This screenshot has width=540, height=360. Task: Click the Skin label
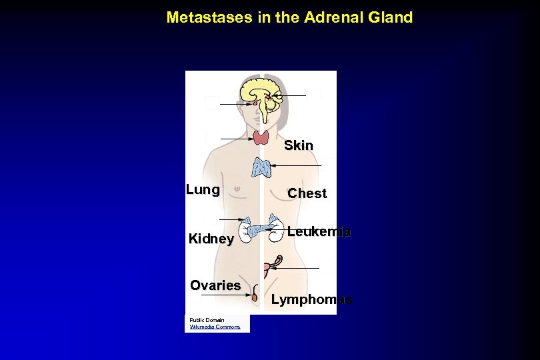(298, 145)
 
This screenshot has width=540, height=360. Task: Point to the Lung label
(203, 190)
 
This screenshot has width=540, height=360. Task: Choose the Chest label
(307, 193)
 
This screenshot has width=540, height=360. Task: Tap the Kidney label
(211, 239)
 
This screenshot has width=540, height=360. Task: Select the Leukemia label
(319, 232)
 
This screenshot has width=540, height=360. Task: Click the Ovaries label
(215, 285)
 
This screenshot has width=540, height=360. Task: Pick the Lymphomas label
(311, 299)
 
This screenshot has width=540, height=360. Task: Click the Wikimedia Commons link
(215, 327)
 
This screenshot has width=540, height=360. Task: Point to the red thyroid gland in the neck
(261, 138)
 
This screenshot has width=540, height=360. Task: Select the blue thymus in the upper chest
(261, 168)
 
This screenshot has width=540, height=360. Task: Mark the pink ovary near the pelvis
(267, 267)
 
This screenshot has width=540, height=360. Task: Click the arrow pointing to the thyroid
(236, 139)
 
